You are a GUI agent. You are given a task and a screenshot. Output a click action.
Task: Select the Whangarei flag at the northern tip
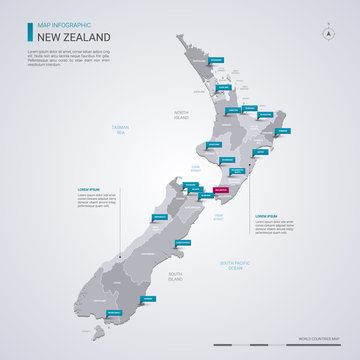click(217, 61)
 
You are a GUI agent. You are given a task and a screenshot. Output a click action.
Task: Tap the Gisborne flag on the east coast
click(283, 131)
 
